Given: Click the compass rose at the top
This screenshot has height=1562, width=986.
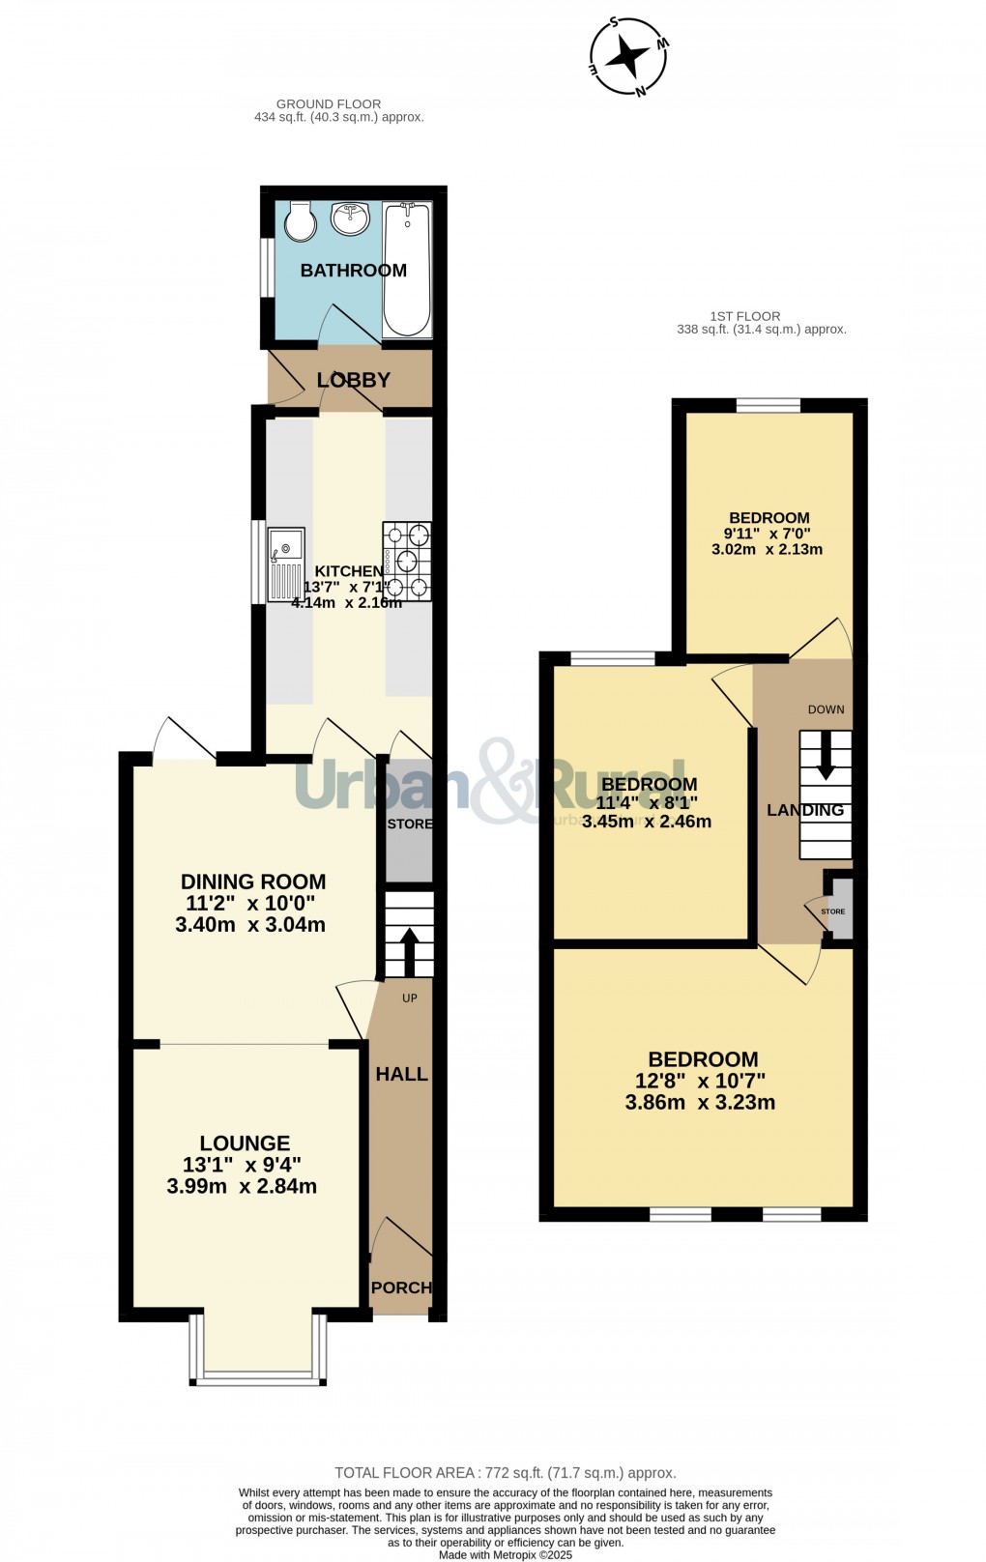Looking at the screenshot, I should pos(629,57).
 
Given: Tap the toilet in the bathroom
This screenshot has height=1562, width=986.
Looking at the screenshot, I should pos(301,221).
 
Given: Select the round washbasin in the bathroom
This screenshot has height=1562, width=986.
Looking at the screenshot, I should pos(350,217).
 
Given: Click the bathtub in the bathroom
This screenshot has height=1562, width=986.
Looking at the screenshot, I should pos(407,269).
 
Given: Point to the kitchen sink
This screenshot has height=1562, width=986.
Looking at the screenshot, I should pos(285,564).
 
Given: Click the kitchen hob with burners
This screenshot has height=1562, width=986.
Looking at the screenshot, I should pos(407,561).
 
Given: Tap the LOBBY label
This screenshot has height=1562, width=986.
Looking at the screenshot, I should pos(354,380).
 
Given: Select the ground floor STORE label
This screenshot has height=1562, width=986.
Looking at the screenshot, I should pos(410,824).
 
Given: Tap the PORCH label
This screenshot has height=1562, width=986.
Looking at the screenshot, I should pos(401,1287).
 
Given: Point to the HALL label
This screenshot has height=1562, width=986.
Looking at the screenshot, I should pos(401,1074).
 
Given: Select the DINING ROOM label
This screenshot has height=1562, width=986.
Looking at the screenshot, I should pos(253,882).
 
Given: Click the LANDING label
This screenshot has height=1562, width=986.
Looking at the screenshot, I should pos(805,810).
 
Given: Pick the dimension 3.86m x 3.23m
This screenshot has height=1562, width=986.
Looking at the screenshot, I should pos(700,1102).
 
